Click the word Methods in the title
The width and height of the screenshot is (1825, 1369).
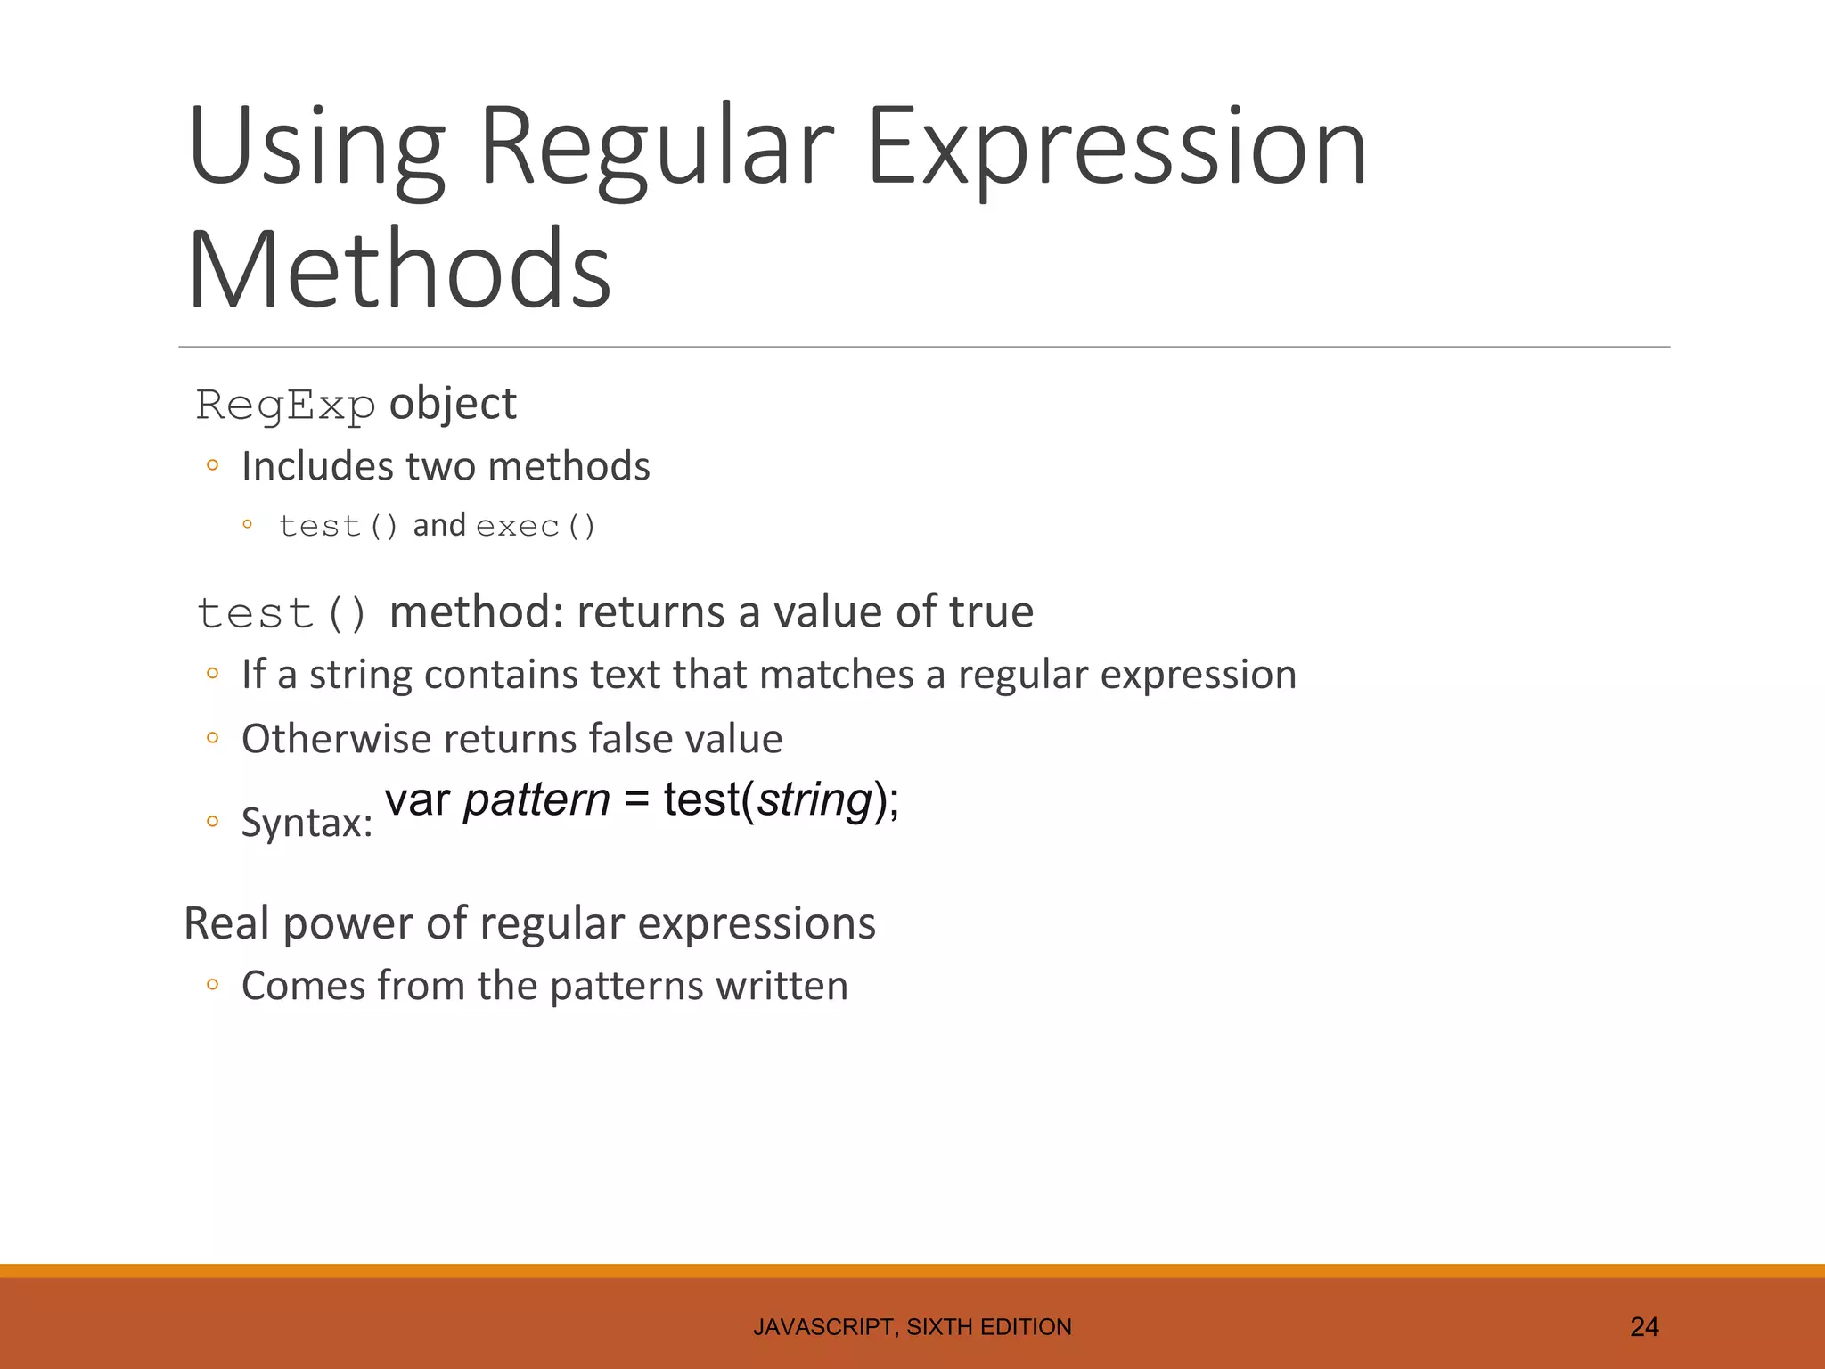pyautogui.click(x=399, y=269)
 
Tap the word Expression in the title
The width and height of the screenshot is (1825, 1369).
pyautogui.click(x=1116, y=146)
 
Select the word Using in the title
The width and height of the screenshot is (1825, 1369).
pyautogui.click(x=316, y=146)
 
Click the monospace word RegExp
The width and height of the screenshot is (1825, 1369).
pyautogui.click(x=285, y=406)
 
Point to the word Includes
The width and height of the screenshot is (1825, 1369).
pyautogui.click(x=316, y=466)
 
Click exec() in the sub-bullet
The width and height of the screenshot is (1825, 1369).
pyautogui.click(x=536, y=527)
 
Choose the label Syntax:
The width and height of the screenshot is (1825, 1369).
pyautogui.click(x=307, y=822)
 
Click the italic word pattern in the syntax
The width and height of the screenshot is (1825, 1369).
pyautogui.click(x=536, y=799)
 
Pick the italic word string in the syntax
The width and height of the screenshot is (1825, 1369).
pyautogui.click(x=814, y=799)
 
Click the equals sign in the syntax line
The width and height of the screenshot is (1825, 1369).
pyautogui.click(x=636, y=799)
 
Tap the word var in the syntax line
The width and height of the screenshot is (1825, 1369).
pyautogui.click(x=417, y=799)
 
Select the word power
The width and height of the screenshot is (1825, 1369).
pyautogui.click(x=348, y=923)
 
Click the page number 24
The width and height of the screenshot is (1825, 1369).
pyautogui.click(x=1644, y=1327)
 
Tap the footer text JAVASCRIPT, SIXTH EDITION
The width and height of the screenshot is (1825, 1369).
pyautogui.click(x=912, y=1327)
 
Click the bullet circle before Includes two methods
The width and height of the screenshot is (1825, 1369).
pyautogui.click(x=212, y=465)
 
